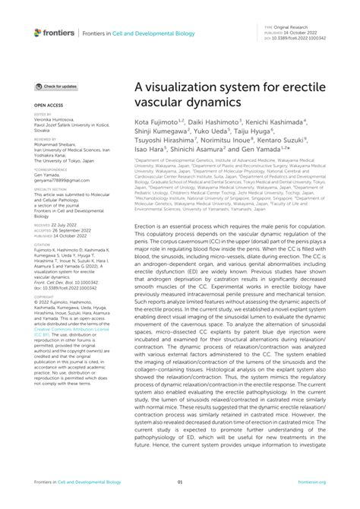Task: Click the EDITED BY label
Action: (43, 114)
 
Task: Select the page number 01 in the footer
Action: (179, 502)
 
